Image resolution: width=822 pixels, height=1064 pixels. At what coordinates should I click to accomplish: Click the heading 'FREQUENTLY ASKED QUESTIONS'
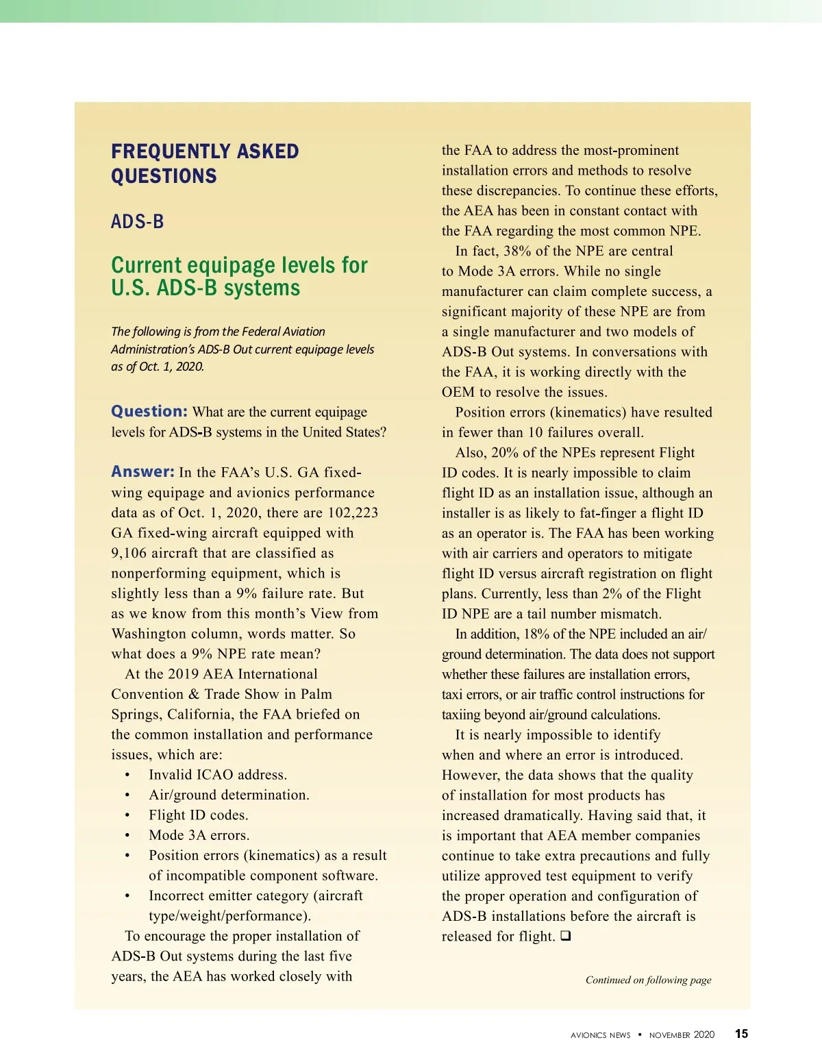tap(205, 164)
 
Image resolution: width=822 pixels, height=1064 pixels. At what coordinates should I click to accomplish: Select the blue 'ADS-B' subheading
tap(137, 222)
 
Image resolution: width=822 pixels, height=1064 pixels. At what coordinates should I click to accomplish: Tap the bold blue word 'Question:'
tap(149, 411)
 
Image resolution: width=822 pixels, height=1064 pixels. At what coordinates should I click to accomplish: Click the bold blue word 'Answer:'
tap(142, 472)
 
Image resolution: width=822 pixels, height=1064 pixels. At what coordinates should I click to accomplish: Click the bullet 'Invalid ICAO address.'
tap(218, 775)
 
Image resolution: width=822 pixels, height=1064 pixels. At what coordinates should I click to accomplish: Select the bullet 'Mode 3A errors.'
tap(199, 835)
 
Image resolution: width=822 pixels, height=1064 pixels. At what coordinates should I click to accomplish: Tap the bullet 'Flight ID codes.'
tap(199, 815)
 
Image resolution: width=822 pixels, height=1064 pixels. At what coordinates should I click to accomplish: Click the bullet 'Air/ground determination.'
tap(229, 795)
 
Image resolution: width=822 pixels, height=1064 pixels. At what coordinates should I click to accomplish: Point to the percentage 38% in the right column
tap(517, 251)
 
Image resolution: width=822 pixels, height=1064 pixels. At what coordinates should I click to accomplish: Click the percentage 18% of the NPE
tap(536, 634)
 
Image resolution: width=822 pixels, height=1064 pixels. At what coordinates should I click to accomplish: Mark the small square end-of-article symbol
tap(565, 936)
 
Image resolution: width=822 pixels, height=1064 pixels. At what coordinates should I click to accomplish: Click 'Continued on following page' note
tap(648, 980)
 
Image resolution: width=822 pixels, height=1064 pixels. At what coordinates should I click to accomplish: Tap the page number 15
tap(741, 1034)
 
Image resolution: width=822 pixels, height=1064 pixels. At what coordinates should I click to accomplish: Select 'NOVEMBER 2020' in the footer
tap(682, 1035)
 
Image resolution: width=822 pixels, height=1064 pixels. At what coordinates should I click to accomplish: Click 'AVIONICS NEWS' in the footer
tap(600, 1035)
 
